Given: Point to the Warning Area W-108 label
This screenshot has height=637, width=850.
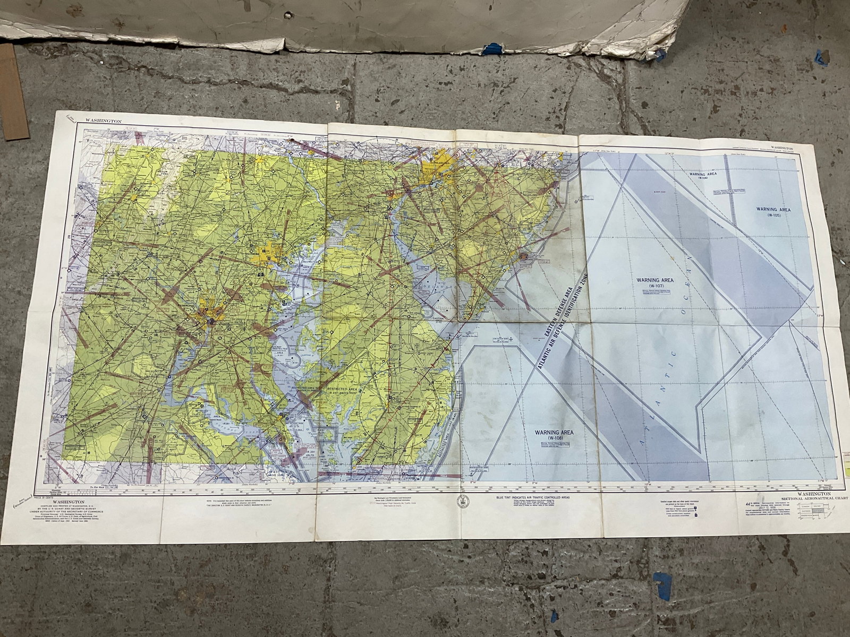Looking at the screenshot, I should click(x=555, y=435).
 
